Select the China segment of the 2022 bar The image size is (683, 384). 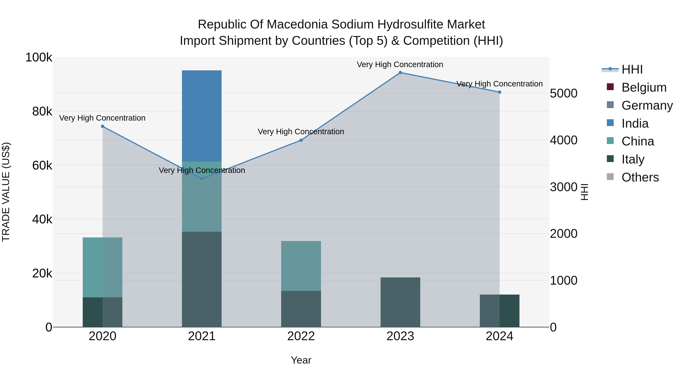pyautogui.click(x=301, y=266)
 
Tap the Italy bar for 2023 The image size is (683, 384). pyautogui.click(x=400, y=302)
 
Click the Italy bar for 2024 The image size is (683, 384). pyautogui.click(x=499, y=311)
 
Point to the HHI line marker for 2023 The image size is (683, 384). pyautogui.click(x=400, y=73)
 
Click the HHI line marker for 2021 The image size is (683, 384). pyautogui.click(x=202, y=179)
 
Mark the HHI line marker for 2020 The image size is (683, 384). pyautogui.click(x=103, y=126)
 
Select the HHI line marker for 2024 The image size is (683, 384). pyautogui.click(x=500, y=92)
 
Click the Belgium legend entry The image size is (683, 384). pyautogui.click(x=644, y=87)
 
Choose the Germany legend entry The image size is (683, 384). pyautogui.click(x=647, y=105)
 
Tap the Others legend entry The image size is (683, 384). pyautogui.click(x=640, y=177)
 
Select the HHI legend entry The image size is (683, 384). pyautogui.click(x=632, y=69)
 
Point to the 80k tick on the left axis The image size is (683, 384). pyautogui.click(x=42, y=112)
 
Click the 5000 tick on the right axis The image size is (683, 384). pyautogui.click(x=563, y=93)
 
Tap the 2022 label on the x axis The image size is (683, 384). pyautogui.click(x=301, y=336)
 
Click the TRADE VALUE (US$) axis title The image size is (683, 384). pyautogui.click(x=6, y=192)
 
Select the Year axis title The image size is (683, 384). pyautogui.click(x=301, y=360)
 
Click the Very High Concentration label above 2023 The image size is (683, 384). pyautogui.click(x=400, y=64)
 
